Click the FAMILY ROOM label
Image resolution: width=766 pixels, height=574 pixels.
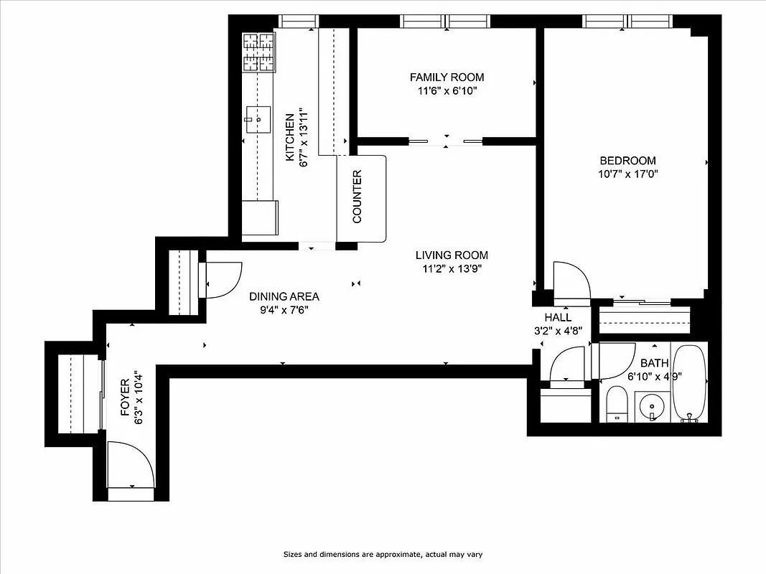(447, 77)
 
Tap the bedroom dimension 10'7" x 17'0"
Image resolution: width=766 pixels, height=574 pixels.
(628, 174)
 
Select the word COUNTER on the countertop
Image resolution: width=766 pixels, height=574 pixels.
(358, 197)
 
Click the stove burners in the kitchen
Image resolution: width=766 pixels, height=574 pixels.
(259, 52)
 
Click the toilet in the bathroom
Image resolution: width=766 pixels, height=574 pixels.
(617, 404)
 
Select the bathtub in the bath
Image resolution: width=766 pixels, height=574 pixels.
(690, 383)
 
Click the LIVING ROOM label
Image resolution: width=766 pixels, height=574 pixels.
(452, 255)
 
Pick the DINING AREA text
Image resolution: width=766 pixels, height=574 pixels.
(284, 296)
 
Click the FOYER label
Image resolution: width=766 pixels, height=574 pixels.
(125, 397)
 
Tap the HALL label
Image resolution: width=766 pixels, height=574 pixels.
(558, 317)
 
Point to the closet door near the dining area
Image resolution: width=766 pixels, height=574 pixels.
(221, 280)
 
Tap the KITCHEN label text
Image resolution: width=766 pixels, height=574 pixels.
(290, 137)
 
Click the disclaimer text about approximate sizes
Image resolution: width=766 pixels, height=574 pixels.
(383, 555)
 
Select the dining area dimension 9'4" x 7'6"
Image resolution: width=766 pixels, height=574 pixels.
(284, 310)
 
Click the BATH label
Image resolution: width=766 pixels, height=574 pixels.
(654, 363)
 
